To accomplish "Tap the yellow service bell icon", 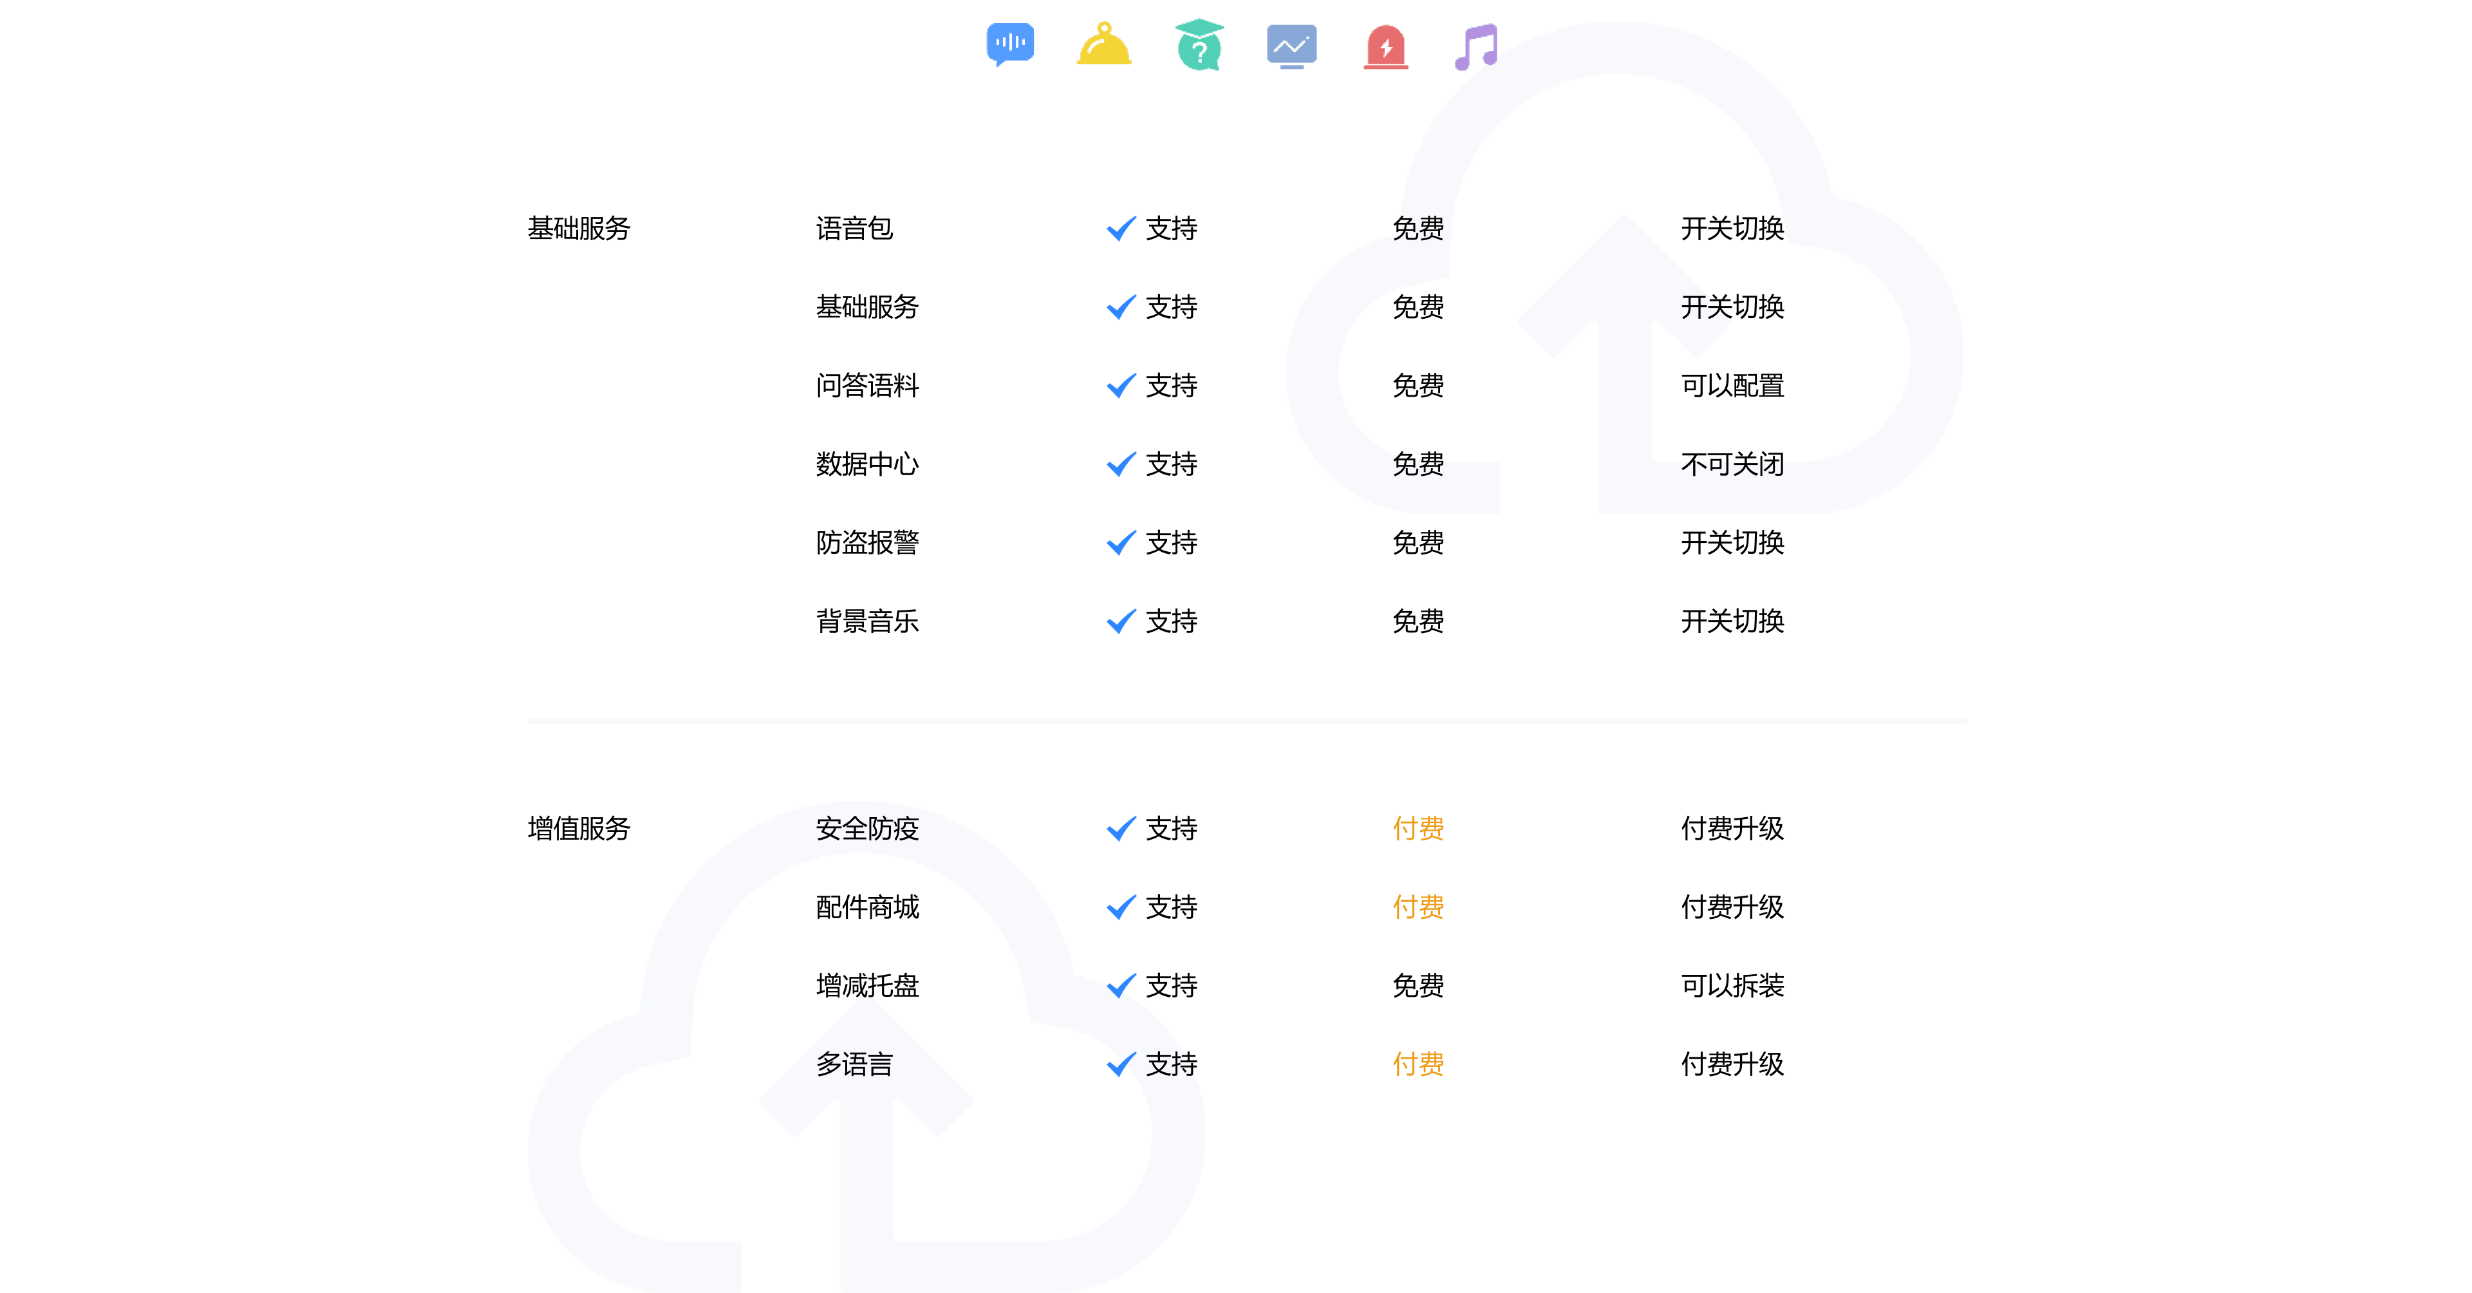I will coord(1103,44).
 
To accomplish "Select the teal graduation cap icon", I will coord(1199,44).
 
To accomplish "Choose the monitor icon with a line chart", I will coord(1291,45).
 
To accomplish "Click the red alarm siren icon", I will coord(1386,46).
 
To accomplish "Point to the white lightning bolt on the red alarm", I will coord(1386,47).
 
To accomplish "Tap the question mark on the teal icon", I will coord(1199,52).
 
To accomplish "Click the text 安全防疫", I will coord(866,828).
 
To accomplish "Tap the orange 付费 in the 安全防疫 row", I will coord(1418,828).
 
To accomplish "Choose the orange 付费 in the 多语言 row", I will coord(1418,1064).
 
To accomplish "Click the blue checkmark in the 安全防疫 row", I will coord(1121,828).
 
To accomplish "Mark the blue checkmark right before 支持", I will coord(1121,1064).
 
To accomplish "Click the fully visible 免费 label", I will coord(1418,229).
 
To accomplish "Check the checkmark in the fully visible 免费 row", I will coord(1121,229).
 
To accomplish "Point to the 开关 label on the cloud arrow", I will coord(1704,307).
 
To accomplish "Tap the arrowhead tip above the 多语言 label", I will coord(866,998).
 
